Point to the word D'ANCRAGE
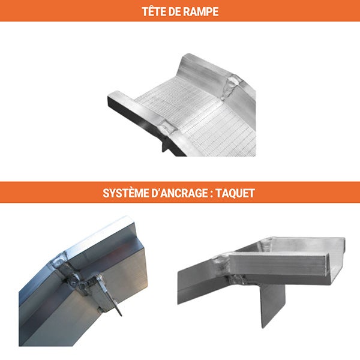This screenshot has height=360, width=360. tap(187, 193)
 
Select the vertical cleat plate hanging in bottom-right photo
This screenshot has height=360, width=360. tap(273, 303)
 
